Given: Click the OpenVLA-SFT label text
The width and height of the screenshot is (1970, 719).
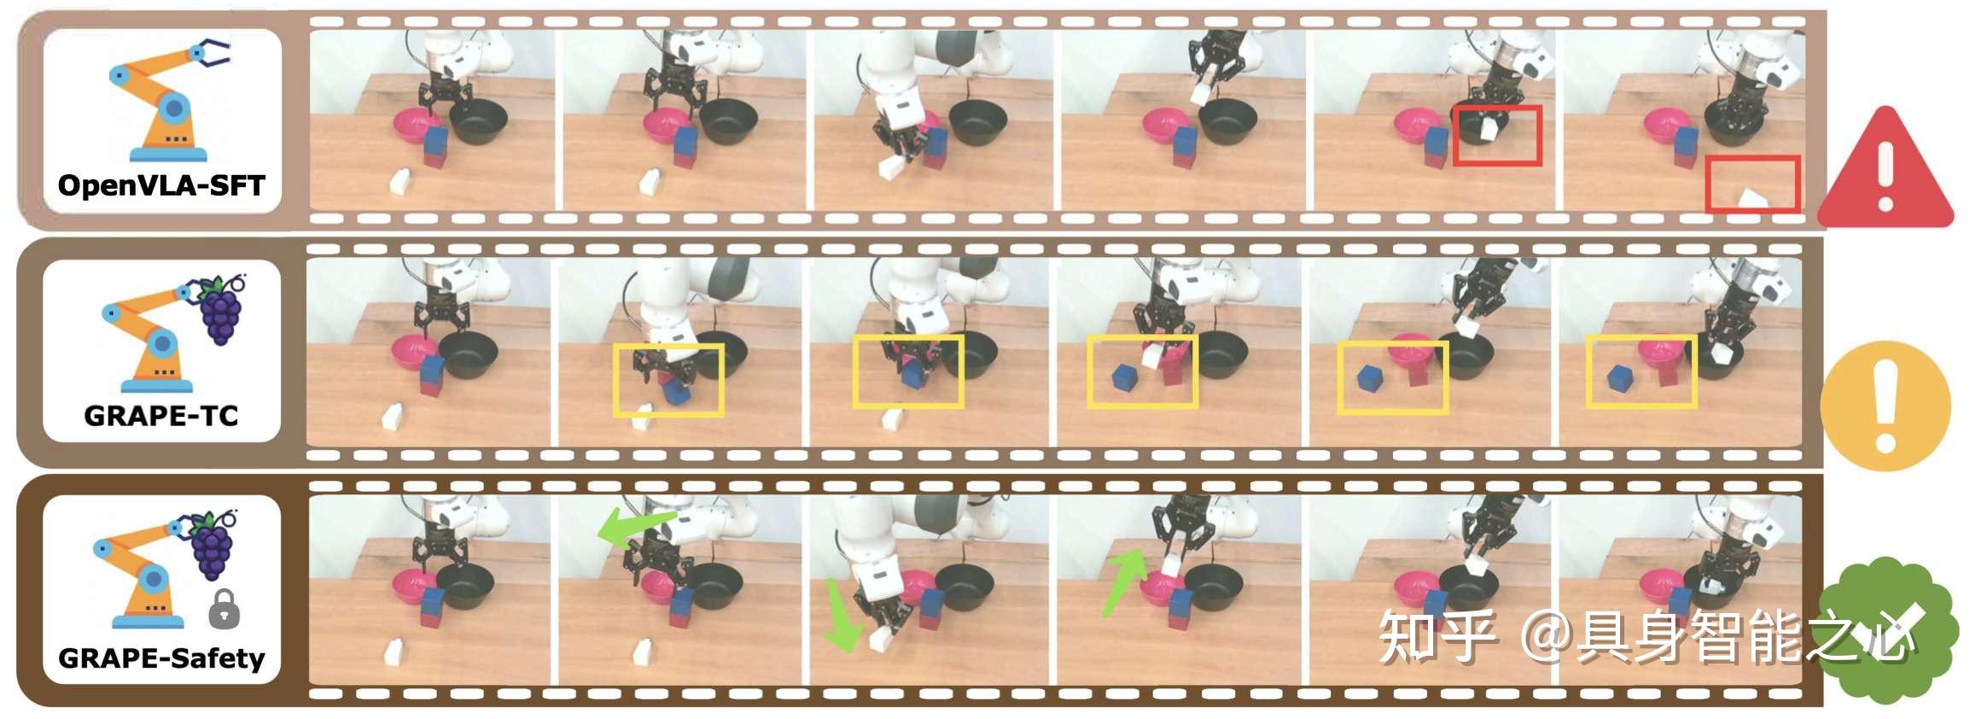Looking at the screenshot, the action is pos(161,185).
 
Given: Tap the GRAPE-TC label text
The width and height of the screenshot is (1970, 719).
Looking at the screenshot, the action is pos(160,416).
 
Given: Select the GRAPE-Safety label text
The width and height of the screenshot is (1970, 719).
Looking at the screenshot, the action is pos(161,658).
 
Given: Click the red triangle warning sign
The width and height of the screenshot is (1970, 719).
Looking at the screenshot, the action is pos(1885,167).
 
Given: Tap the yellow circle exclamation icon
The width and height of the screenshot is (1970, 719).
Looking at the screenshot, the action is pos(1886,406).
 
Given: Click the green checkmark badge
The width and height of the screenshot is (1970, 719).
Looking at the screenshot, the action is pos(1888,629).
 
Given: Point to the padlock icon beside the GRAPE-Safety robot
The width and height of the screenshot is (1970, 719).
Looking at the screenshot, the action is pos(224,608).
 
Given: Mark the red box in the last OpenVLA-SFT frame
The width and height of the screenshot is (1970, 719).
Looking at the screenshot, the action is pos(1753,184).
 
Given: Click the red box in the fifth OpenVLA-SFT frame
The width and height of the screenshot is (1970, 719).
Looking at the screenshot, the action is pos(1498,135).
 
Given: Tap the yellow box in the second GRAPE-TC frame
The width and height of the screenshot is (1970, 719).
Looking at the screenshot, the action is pos(668,380).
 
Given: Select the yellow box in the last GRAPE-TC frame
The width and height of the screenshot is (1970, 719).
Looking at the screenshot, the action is pos(1641,371).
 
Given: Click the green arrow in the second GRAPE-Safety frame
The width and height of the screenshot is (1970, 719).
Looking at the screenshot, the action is pos(635,527).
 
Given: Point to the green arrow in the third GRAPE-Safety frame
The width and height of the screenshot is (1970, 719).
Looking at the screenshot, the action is pos(839,615).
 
